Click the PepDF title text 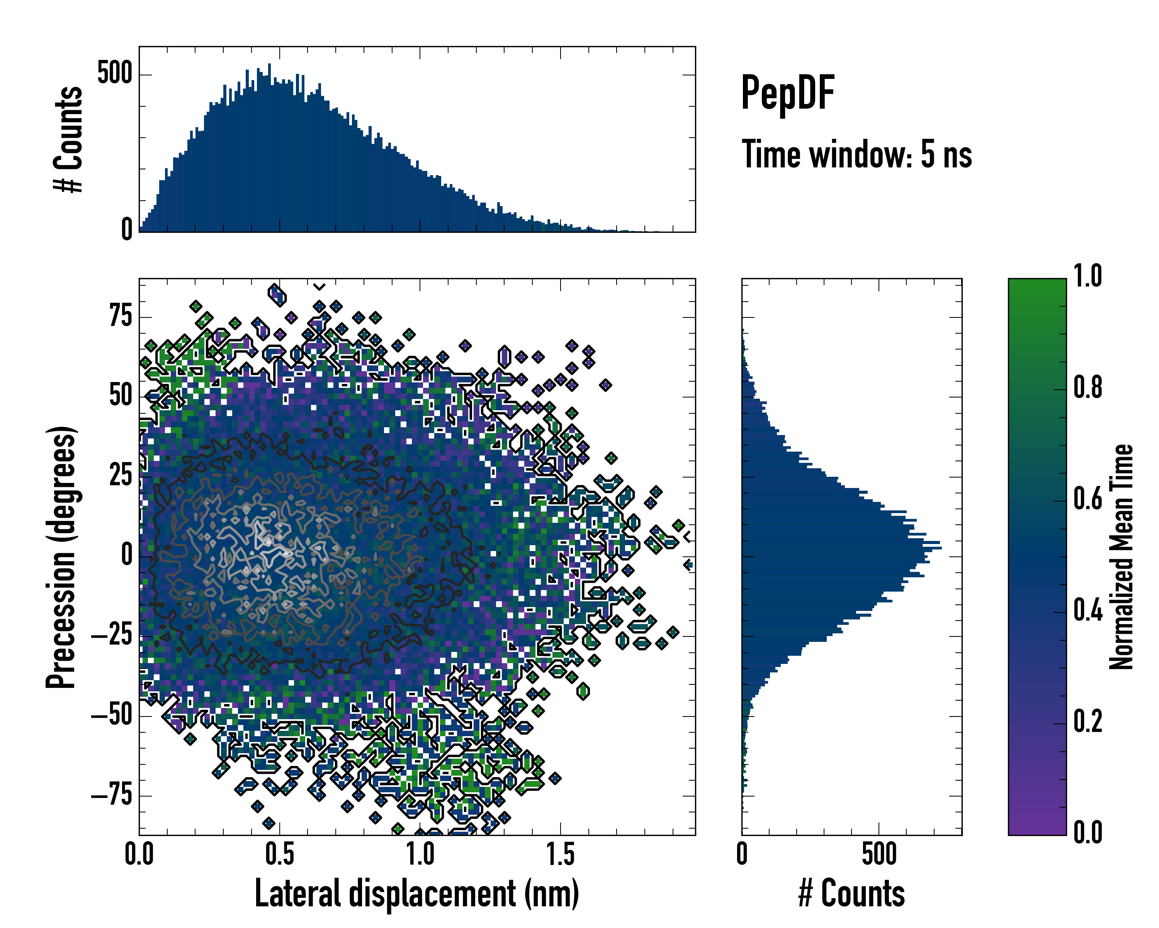click(787, 92)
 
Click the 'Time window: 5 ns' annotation click(857, 154)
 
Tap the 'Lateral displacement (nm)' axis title click(416, 894)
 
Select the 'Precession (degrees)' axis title click(61, 557)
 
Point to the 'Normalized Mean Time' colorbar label click(1121, 557)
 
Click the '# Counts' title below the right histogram click(851, 894)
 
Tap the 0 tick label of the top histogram click(127, 230)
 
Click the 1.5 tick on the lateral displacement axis click(560, 854)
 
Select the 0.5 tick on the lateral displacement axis click(280, 854)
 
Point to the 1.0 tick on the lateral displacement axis click(420, 854)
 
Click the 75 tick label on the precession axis click(121, 316)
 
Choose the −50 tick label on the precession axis click(111, 715)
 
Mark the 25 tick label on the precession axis click(121, 476)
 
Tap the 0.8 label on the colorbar click(1088, 387)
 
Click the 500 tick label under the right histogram click(879, 854)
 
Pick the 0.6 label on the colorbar click(1088, 499)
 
